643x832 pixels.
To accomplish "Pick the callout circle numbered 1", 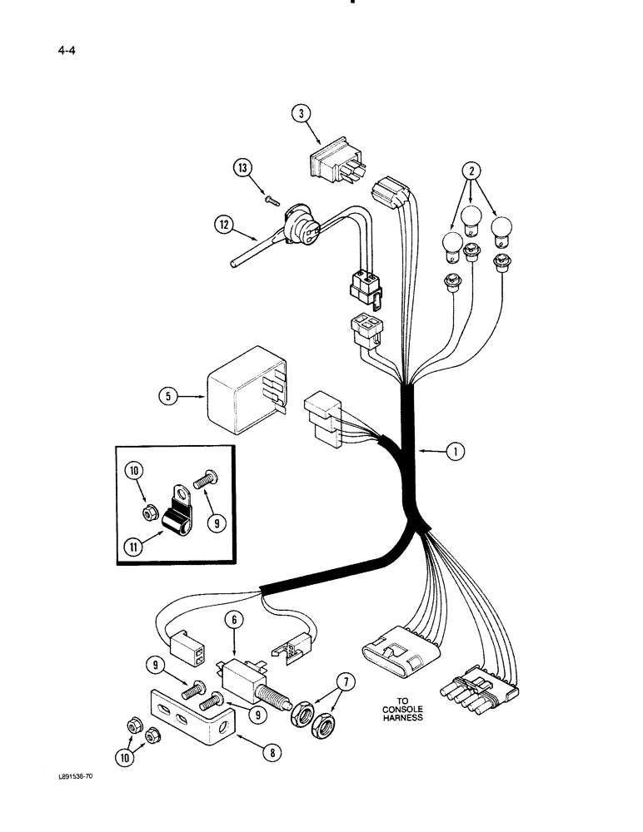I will click(455, 452).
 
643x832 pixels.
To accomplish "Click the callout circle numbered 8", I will click(270, 753).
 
